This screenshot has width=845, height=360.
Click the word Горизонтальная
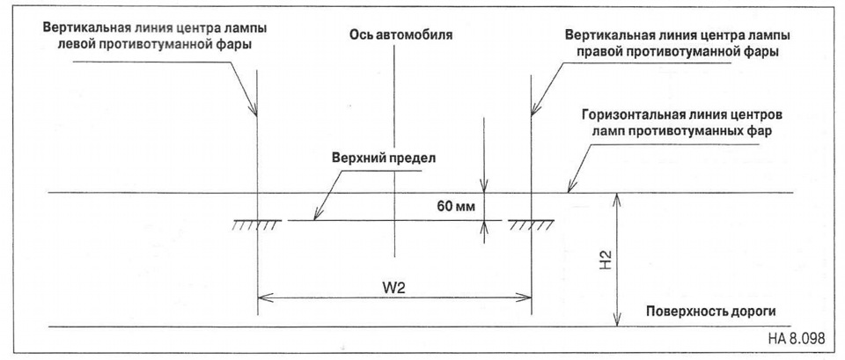[x=633, y=115]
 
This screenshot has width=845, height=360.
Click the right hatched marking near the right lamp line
[x=531, y=224]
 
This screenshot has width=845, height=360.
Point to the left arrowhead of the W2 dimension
[x=261, y=298]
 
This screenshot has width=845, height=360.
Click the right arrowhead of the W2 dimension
[x=526, y=298]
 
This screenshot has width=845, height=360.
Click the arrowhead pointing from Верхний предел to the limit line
[x=316, y=217]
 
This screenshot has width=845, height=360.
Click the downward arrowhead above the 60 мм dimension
[x=482, y=187]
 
